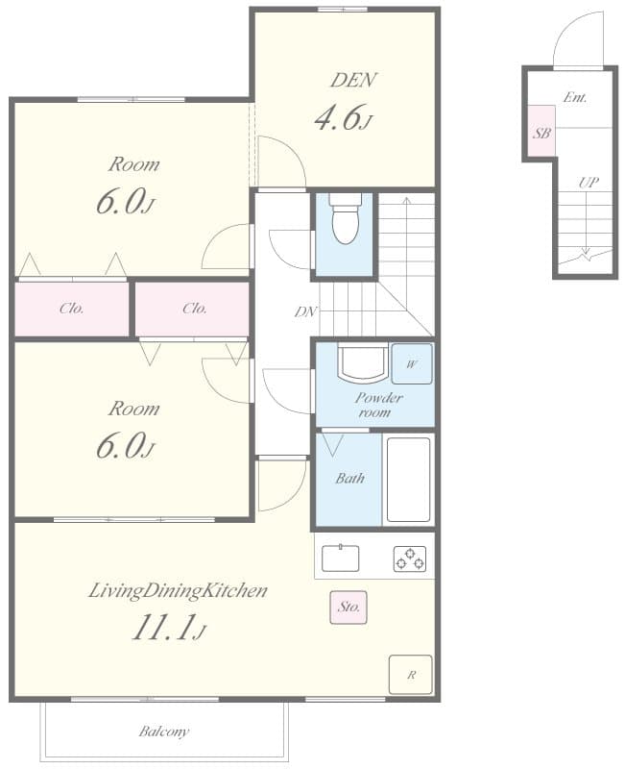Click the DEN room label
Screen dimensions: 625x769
click(353, 80)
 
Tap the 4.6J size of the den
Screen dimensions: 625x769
click(344, 117)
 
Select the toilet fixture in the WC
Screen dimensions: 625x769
click(345, 218)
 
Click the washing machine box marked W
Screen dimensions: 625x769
click(412, 364)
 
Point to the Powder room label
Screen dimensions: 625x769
click(378, 405)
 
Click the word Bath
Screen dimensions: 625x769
click(349, 478)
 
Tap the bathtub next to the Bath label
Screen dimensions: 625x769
click(408, 480)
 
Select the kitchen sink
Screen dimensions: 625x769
click(340, 558)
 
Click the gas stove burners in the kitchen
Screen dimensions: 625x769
click(410, 559)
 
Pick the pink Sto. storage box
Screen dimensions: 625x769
click(349, 608)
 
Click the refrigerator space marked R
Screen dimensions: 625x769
click(411, 675)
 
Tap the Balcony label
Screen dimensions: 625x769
click(164, 732)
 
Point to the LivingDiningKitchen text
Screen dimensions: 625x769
click(178, 591)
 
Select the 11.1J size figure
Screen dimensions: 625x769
click(169, 628)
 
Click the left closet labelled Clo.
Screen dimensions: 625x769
click(71, 309)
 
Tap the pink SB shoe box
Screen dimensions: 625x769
click(541, 131)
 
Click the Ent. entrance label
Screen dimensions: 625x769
click(575, 97)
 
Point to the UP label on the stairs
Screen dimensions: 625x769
click(589, 183)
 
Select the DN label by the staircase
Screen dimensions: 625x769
click(306, 311)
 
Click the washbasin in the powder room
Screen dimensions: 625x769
click(363, 364)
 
